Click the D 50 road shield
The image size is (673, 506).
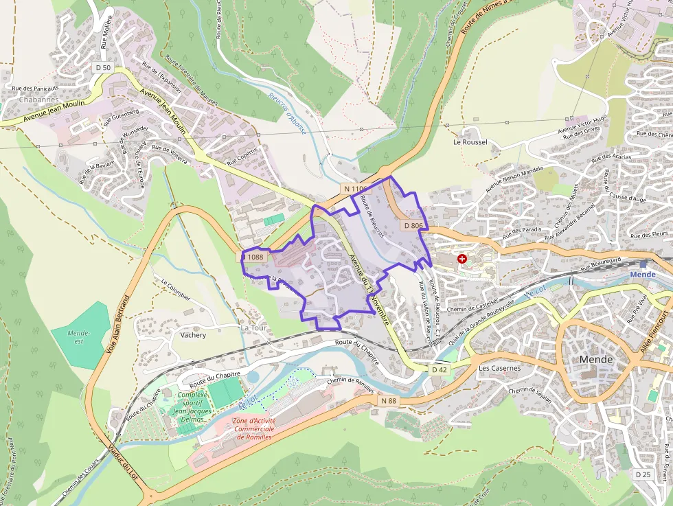[103, 67]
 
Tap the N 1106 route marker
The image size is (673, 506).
[356, 188]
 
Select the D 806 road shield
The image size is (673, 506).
[413, 225]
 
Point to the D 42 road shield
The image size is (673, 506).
[440, 369]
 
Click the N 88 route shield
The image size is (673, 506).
[387, 400]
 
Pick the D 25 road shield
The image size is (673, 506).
[643, 474]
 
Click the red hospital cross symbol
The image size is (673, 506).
[462, 259]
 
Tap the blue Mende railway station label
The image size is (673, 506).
[643, 275]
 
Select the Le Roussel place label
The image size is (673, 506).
[470, 142]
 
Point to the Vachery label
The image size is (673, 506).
[193, 335]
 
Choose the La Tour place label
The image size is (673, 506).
[253, 328]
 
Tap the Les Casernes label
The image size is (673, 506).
[499, 368]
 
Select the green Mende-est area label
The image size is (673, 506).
[80, 336]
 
